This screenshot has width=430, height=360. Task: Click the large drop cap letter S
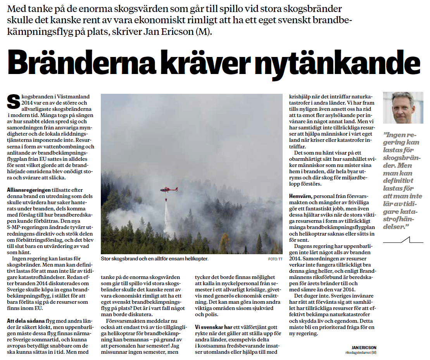pyautogui.click(x=13, y=102)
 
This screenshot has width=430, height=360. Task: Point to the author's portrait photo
pyautogui.click(x=403, y=108)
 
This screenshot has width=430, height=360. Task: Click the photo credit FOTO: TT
pyautogui.click(x=275, y=259)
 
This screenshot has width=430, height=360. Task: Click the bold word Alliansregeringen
pyautogui.click(x=29, y=189)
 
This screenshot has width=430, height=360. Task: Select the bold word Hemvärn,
pyautogui.click(x=300, y=196)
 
